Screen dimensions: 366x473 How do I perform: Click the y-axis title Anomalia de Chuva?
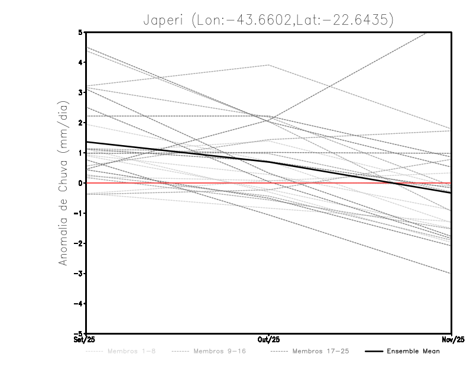pyautogui.click(x=63, y=182)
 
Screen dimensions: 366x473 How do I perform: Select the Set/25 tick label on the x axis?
pyautogui.click(x=85, y=339)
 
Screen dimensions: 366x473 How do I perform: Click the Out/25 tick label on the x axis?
pyautogui.click(x=269, y=339)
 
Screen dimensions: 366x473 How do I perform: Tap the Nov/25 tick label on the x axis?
pyautogui.click(x=452, y=339)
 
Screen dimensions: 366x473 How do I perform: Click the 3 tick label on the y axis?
pyautogui.click(x=81, y=92)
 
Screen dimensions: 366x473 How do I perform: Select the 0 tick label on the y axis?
pyautogui.click(x=81, y=183)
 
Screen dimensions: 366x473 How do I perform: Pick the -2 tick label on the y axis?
pyautogui.click(x=79, y=243)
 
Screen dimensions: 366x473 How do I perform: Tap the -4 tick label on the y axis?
pyautogui.click(x=79, y=304)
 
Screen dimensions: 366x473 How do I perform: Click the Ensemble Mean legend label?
pyautogui.click(x=413, y=351)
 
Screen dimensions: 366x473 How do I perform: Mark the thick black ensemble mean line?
pyautogui.click(x=177, y=152)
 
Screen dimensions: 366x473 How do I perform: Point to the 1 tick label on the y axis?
pyautogui.click(x=81, y=153)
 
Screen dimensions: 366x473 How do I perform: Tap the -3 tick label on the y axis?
pyautogui.click(x=79, y=274)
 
